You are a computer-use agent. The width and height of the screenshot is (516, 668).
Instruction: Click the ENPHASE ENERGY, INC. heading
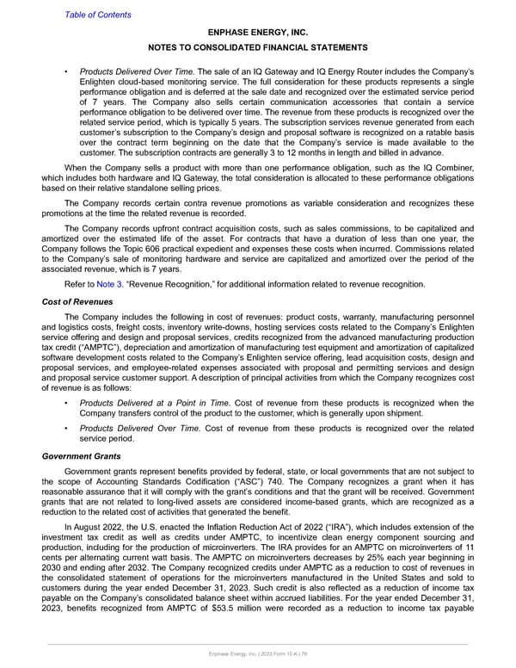pos(257,30)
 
